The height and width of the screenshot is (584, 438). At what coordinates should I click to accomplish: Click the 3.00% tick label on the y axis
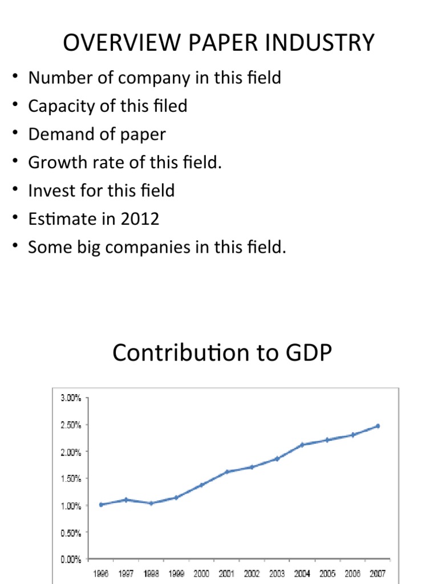coord(71,398)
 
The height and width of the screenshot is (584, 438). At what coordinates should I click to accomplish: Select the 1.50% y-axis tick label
coord(71,479)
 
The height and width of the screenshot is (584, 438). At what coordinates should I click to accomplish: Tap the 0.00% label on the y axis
coord(71,559)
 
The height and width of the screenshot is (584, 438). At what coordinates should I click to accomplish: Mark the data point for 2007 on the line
coord(377,426)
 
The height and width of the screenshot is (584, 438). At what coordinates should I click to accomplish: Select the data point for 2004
coord(302,444)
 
